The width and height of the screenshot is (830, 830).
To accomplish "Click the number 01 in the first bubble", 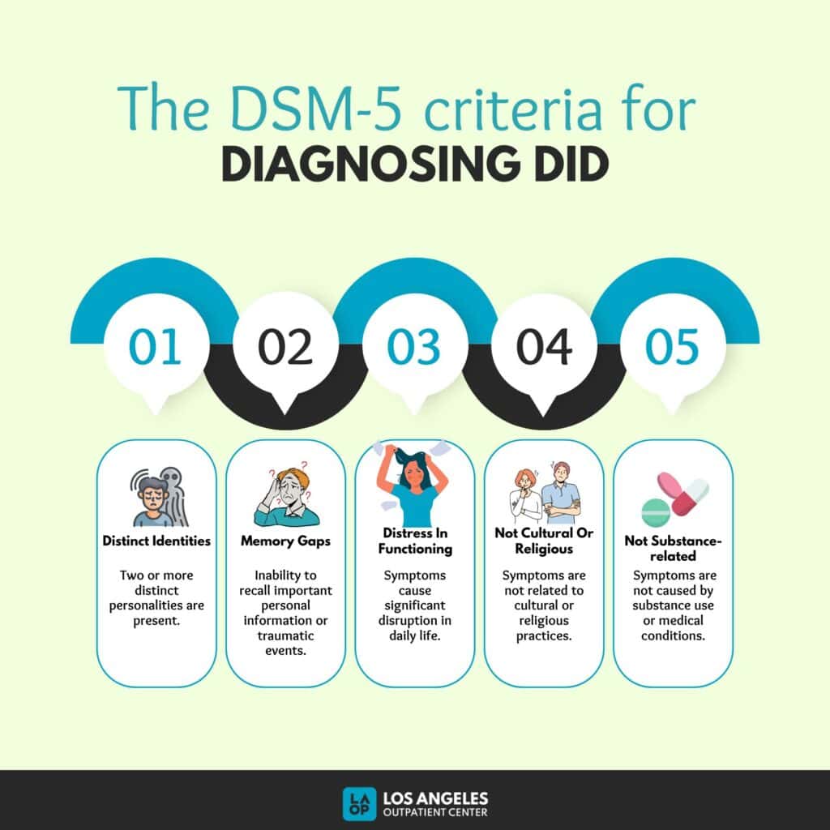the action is (155, 347).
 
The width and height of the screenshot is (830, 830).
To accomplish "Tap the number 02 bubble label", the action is (285, 347).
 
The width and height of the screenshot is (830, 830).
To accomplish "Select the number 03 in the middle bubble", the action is (413, 347).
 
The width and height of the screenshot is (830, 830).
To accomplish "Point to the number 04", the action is (544, 347).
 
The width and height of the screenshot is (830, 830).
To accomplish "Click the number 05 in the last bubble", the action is (672, 347).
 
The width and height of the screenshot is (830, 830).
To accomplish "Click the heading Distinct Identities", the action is (156, 541).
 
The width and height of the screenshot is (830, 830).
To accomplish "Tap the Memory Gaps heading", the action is (285, 541).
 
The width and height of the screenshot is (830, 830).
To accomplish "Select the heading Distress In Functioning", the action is (415, 541).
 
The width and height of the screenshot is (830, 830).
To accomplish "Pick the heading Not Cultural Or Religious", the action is (544, 541).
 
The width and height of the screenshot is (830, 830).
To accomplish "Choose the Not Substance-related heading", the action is (673, 549).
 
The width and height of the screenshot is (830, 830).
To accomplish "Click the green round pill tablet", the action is (656, 512).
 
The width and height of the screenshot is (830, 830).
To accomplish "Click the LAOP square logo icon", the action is (359, 804).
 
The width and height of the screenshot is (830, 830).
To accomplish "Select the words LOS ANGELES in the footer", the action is (435, 798).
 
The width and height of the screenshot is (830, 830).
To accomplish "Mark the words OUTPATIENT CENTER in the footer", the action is (435, 812).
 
